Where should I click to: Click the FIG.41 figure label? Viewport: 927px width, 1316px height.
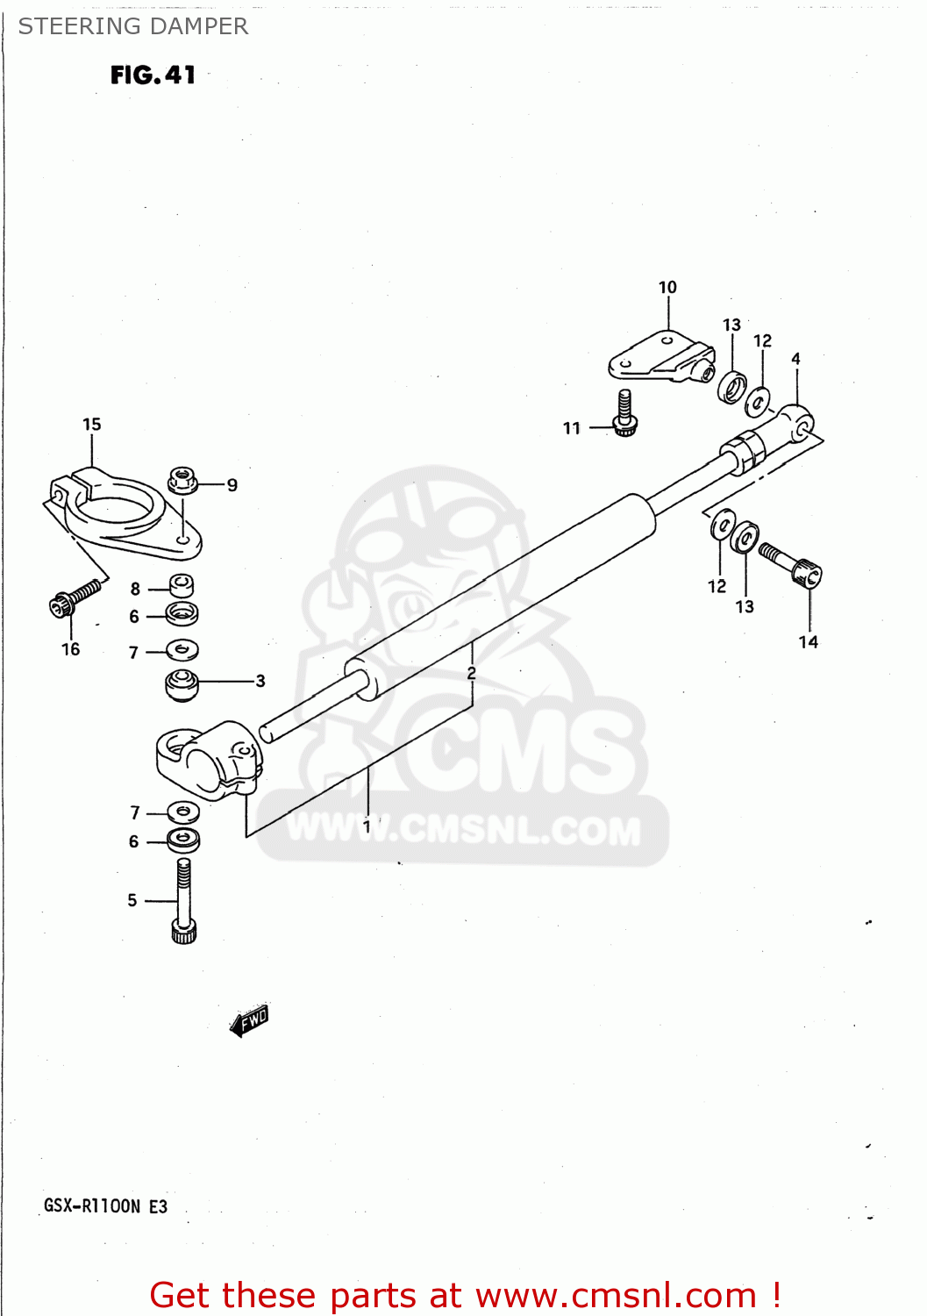(153, 75)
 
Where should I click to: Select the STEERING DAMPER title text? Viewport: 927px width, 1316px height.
(133, 26)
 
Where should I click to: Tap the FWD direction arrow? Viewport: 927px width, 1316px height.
(250, 1020)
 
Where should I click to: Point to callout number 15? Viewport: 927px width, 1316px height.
(92, 425)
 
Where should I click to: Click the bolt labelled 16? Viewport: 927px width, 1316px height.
(74, 598)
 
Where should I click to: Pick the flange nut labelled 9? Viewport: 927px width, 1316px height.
(182, 481)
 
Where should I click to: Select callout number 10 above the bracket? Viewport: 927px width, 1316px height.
(667, 288)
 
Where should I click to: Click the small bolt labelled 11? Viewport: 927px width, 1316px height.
(624, 412)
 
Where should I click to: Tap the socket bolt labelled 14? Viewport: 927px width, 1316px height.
(793, 565)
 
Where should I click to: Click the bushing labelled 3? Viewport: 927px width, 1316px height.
(182, 683)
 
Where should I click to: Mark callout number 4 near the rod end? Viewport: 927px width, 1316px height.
(795, 359)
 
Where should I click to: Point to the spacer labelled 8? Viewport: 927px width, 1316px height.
(181, 584)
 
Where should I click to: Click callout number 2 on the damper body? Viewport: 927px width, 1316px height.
(472, 674)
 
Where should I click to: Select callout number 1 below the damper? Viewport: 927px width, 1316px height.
(367, 826)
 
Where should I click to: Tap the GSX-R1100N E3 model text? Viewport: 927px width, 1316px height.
(105, 1206)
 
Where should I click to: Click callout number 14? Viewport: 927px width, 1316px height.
(808, 642)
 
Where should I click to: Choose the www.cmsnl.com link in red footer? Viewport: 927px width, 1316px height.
(615, 1296)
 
